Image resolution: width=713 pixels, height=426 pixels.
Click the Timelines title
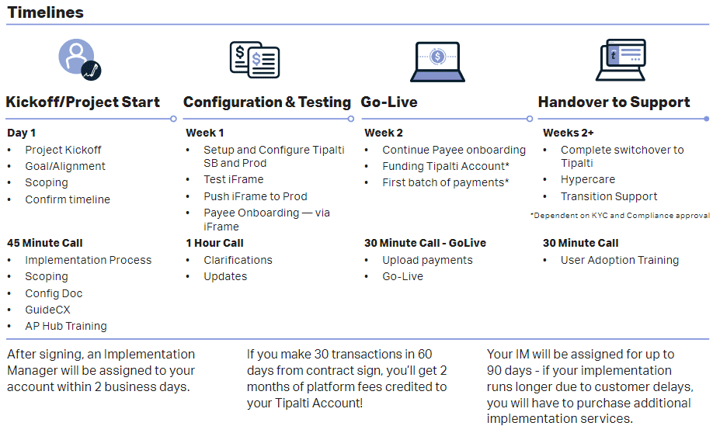(46, 12)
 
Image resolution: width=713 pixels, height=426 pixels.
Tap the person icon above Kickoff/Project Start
(79, 60)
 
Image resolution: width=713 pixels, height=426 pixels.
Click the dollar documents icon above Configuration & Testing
(255, 60)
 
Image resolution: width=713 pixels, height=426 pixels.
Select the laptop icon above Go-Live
(437, 62)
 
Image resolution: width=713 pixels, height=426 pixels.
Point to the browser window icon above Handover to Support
(621, 60)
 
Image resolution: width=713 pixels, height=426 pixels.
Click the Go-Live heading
(389, 102)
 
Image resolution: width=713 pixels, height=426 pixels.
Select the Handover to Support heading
(614, 102)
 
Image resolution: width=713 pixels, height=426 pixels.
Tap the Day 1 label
(22, 133)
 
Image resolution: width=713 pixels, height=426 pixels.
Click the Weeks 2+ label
(569, 133)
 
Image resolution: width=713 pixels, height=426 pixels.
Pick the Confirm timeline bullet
(68, 199)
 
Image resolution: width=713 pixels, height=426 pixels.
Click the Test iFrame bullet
(234, 179)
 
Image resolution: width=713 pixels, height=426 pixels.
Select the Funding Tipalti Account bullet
(446, 166)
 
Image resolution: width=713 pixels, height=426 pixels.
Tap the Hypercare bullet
(588, 179)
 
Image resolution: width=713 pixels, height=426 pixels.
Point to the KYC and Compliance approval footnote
(620, 215)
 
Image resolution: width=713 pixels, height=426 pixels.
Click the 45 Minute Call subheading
(45, 243)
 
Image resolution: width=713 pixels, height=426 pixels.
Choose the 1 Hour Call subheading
(214, 243)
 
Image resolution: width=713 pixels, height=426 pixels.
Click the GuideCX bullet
(47, 310)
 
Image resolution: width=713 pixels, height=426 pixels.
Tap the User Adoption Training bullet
(620, 260)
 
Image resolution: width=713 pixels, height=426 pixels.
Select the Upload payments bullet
(427, 260)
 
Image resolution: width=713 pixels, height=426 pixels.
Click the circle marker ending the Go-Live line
(530, 119)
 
